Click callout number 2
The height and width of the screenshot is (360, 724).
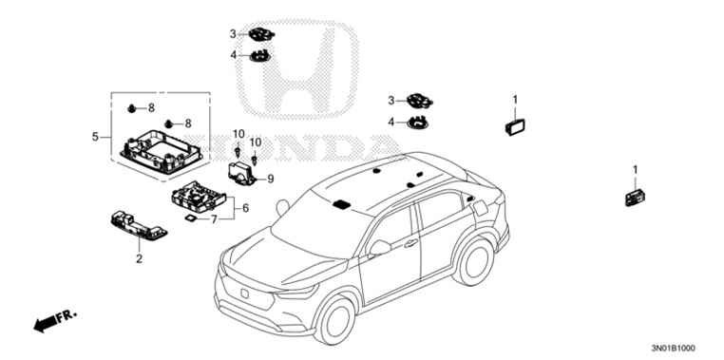139,259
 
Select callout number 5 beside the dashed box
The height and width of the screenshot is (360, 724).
95,137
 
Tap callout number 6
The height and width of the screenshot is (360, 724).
246,208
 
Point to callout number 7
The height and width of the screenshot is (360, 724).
214,219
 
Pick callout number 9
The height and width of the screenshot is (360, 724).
271,179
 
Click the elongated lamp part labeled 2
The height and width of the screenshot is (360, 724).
139,225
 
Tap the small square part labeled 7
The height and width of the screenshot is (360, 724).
189,218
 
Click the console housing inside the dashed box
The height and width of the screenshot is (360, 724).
162,151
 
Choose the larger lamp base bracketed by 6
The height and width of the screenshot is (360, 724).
199,197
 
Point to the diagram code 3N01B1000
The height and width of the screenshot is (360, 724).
674,348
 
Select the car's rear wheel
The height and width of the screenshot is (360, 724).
474,262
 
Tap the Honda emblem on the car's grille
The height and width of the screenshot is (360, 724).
245,294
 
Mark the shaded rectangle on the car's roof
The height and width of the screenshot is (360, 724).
342,204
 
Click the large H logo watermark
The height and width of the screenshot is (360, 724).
296,69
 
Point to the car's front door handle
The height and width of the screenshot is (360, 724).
410,244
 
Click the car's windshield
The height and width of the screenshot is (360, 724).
318,224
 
